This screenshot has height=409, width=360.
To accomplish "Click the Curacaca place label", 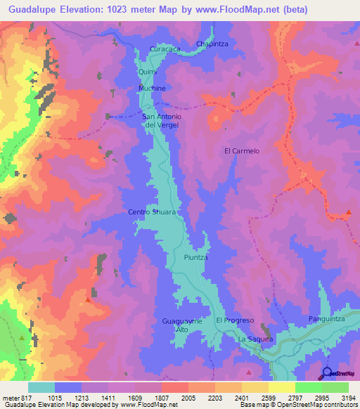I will pyautogui.click(x=165, y=49).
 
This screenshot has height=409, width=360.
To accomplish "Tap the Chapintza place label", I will pyautogui.click(x=213, y=44).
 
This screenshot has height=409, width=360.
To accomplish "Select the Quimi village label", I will pyautogui.click(x=147, y=72).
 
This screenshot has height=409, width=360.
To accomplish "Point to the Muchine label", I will pyautogui.click(x=152, y=89).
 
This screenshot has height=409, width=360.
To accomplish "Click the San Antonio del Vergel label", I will pyautogui.click(x=162, y=120).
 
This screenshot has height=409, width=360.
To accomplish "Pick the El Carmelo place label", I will pyautogui.click(x=242, y=151).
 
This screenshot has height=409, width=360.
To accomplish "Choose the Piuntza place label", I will pyautogui.click(x=196, y=258).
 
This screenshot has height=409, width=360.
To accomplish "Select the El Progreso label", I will pyautogui.click(x=234, y=320).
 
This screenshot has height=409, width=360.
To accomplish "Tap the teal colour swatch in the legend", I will pyautogui.click(x=41, y=387).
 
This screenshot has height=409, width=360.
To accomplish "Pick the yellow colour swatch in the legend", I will pyautogui.click(x=282, y=387).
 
